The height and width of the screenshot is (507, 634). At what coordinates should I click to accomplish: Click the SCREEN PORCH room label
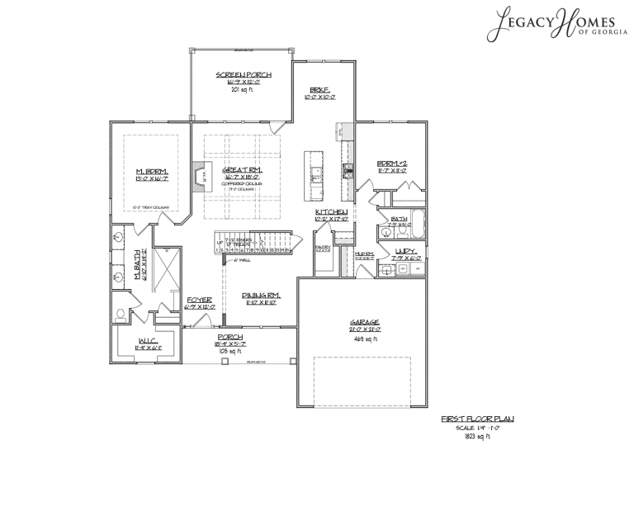pos(244,75)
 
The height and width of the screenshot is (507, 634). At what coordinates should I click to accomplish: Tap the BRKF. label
pos(319,90)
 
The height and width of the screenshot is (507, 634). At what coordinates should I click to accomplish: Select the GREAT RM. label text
pos(240,169)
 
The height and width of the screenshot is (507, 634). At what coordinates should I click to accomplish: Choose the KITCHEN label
pos(330,213)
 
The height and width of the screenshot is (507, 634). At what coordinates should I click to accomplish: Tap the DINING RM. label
pos(260,295)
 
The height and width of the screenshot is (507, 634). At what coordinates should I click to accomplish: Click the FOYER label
pos(201,300)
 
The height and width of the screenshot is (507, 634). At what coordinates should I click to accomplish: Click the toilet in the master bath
pos(122,314)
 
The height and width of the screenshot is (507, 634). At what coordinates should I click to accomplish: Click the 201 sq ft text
pos(244,89)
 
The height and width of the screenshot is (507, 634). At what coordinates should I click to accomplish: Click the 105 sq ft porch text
pos(230,351)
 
